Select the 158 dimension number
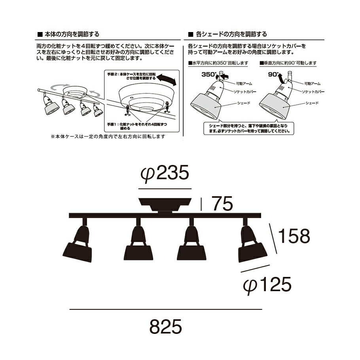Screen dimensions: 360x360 pyautogui.click(x=294, y=236)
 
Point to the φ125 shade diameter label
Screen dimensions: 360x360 pyautogui.click(x=268, y=284)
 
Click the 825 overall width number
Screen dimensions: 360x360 pyautogui.click(x=166, y=326)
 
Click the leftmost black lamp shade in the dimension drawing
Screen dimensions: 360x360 pyautogui.click(x=78, y=252)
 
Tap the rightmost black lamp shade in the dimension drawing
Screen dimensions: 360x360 pyautogui.click(x=252, y=250)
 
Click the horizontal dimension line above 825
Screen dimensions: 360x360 pyautogui.click(x=166, y=309)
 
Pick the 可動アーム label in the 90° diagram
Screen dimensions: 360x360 pyautogui.click(x=312, y=83)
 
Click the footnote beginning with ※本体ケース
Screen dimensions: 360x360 pyautogui.click(x=108, y=136)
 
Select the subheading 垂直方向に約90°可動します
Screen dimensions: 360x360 pyautogui.click(x=290, y=63)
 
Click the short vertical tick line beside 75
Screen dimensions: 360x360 pyautogui.click(x=203, y=205)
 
